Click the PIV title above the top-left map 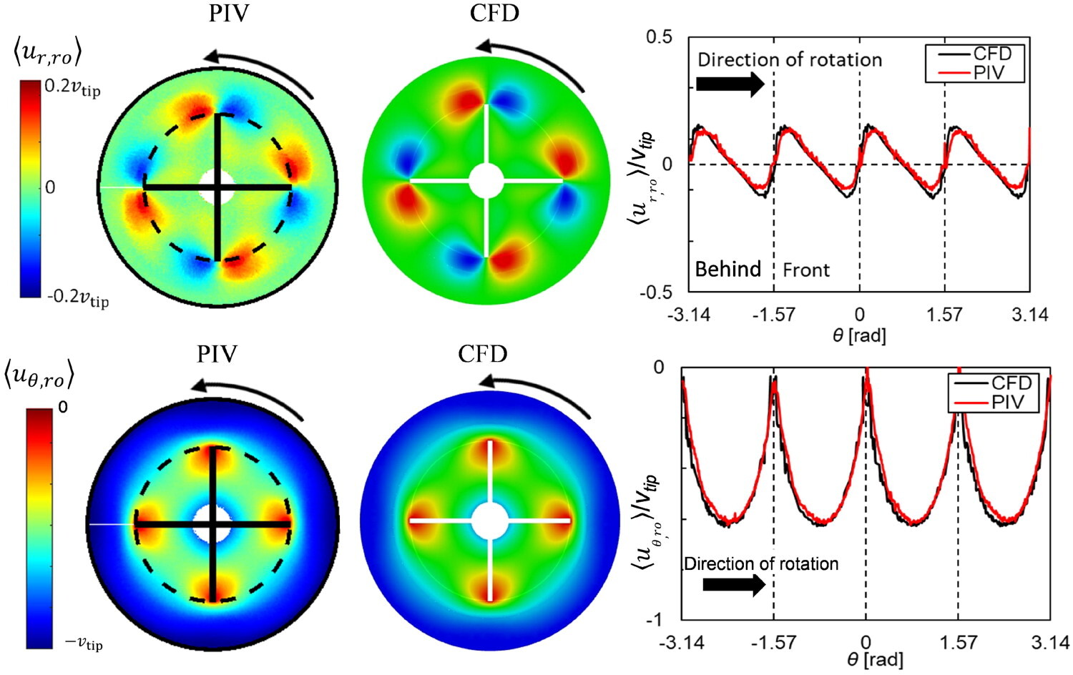click(x=229, y=13)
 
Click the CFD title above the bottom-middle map click(x=483, y=354)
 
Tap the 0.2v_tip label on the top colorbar click(x=72, y=88)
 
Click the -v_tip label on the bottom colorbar click(x=84, y=644)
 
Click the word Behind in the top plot click(x=727, y=270)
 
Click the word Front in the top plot click(x=806, y=270)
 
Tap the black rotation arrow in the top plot click(x=730, y=84)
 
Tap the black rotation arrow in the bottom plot click(x=734, y=584)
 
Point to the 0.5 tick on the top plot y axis click(x=659, y=36)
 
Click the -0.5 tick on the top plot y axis click(x=656, y=292)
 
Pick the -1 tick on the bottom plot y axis click(x=654, y=619)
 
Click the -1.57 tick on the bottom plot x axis click(x=773, y=642)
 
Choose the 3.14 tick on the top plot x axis click(x=1029, y=315)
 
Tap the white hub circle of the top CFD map click(x=486, y=180)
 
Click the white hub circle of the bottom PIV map click(x=212, y=523)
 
